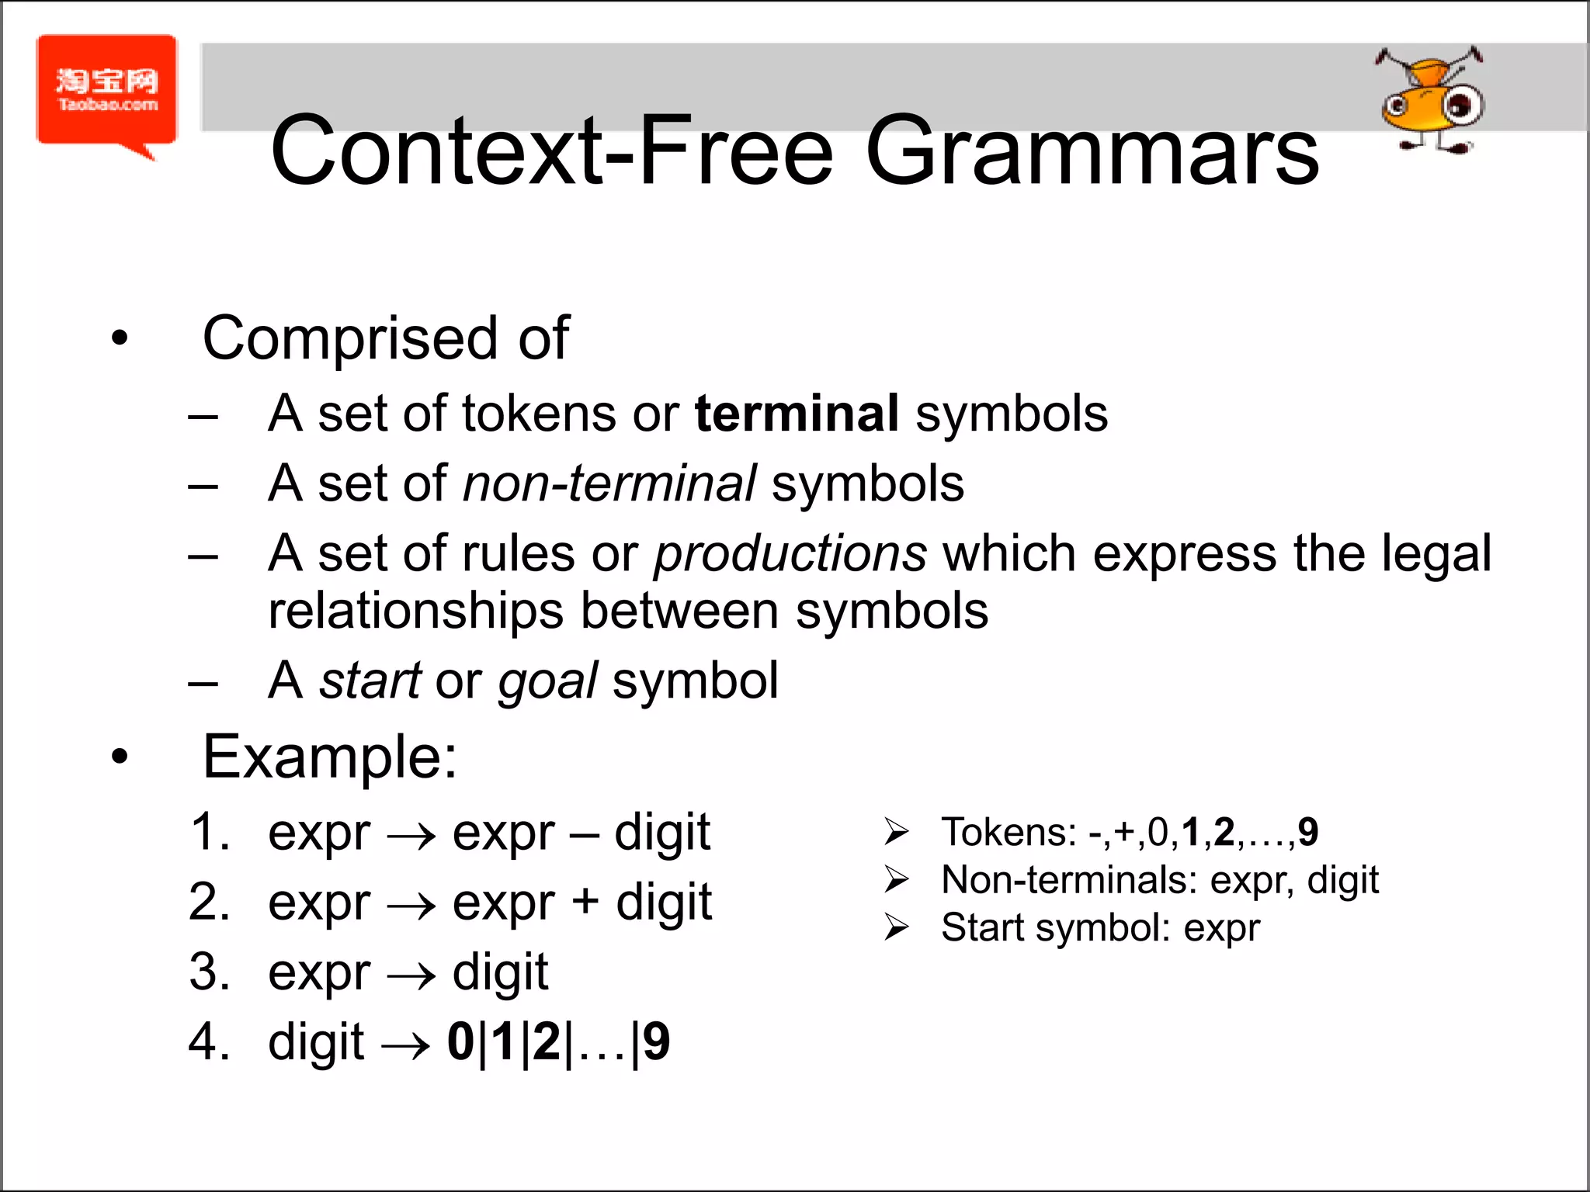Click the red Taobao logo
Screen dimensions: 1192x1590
pos(107,92)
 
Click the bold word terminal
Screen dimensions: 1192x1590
pos(797,413)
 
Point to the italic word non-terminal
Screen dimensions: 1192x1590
pos(609,483)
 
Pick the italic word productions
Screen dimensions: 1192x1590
pos(790,554)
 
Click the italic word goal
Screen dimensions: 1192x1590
pos(547,681)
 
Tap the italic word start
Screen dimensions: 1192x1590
pos(370,681)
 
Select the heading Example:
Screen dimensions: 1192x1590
pos(330,757)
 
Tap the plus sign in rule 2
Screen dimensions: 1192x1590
pos(585,903)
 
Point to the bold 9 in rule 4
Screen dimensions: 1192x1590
pos(656,1041)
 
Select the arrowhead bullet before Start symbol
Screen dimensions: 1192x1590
pos(896,927)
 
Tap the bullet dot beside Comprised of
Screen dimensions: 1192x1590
pos(119,338)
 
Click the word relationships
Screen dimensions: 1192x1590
pos(415,612)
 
